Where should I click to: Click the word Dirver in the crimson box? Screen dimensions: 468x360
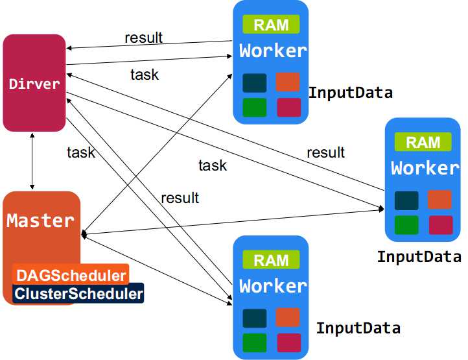[x=34, y=84]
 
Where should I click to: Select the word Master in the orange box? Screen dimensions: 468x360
[x=40, y=221]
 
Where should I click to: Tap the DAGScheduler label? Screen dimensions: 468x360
[x=71, y=275]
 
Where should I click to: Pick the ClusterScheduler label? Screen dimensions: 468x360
[x=78, y=293]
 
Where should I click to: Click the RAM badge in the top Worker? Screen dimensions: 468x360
[x=271, y=24]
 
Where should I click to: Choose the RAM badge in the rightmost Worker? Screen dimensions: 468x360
[x=423, y=142]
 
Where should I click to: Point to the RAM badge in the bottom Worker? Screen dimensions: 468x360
[x=271, y=259]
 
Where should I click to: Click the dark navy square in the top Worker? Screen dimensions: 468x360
[x=255, y=83]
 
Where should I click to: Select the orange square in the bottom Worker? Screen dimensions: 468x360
[x=288, y=317]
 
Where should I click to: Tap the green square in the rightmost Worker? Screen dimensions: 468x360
[x=406, y=225]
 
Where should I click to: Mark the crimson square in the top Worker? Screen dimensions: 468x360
[x=289, y=107]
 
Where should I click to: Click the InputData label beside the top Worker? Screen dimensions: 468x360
[x=351, y=93]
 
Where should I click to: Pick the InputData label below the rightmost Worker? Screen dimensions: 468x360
[x=419, y=257]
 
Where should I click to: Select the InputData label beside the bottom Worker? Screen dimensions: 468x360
[x=358, y=328]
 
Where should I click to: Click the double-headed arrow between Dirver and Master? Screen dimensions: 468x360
[x=32, y=162]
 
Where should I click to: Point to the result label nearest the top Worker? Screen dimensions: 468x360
[x=143, y=38]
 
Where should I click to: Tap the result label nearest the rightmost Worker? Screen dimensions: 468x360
[x=325, y=152]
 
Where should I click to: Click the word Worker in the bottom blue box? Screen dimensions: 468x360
[x=273, y=286]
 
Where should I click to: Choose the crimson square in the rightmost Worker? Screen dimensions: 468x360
[x=441, y=225]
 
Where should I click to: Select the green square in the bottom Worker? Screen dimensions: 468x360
[x=255, y=342]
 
